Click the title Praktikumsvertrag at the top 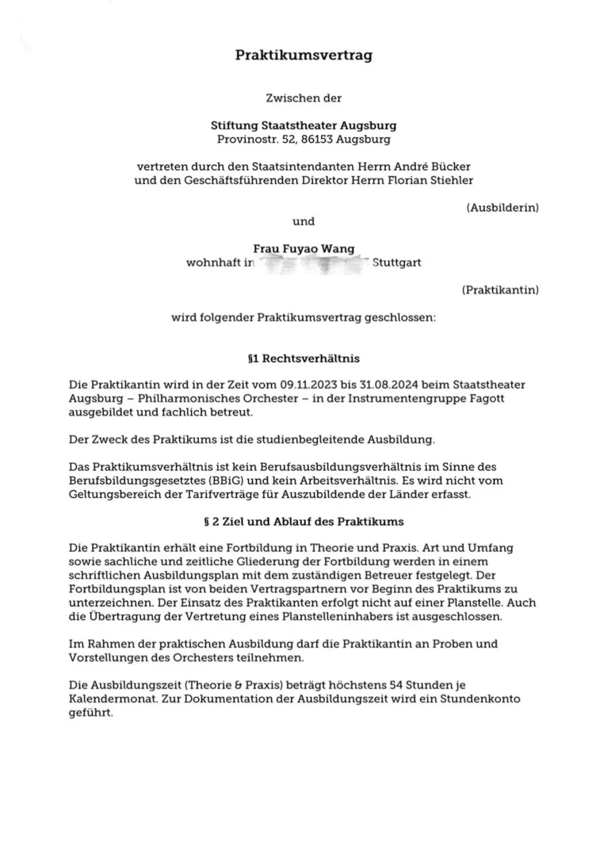click(x=303, y=55)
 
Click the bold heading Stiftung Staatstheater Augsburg click(x=303, y=125)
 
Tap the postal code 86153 click(x=317, y=139)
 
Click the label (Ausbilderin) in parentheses click(x=502, y=208)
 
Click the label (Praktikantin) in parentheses click(x=500, y=290)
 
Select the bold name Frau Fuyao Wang click(x=303, y=249)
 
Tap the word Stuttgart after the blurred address click(x=397, y=263)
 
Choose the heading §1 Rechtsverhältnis click(x=303, y=358)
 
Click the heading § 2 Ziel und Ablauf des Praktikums click(x=303, y=521)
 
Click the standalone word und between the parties click(x=303, y=221)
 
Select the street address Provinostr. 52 click(x=256, y=139)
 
